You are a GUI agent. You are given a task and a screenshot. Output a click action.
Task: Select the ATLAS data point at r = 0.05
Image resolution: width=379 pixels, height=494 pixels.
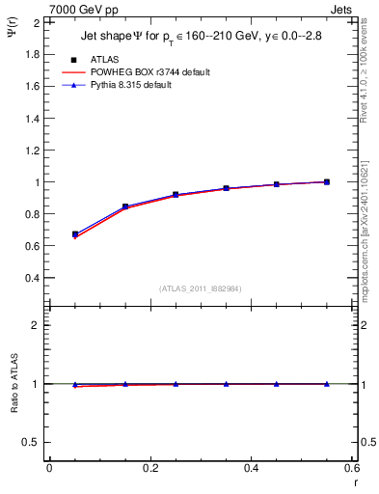75,234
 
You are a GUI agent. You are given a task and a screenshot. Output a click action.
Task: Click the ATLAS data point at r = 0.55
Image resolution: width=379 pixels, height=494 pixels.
327,181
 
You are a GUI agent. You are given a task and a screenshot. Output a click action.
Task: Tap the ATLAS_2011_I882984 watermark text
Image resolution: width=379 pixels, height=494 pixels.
201,288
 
